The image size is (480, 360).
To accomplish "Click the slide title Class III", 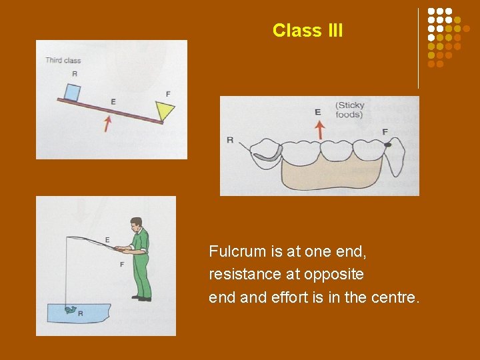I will (x=307, y=31).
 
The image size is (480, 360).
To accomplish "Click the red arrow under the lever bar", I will (x=107, y=122).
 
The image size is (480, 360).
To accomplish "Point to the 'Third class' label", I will (x=63, y=61).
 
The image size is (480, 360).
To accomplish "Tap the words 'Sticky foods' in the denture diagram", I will (x=349, y=109).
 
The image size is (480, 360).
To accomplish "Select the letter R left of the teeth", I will (x=230, y=140).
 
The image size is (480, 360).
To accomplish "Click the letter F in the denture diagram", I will (x=385, y=131).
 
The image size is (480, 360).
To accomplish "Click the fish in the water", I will (x=70, y=310).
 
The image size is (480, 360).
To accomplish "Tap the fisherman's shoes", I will (x=141, y=298).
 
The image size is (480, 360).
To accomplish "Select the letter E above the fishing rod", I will (x=107, y=239).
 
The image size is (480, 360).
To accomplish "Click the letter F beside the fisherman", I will (x=121, y=265).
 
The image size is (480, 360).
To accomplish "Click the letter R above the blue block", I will (x=74, y=73).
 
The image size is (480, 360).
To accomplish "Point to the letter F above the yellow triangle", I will (x=167, y=93).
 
